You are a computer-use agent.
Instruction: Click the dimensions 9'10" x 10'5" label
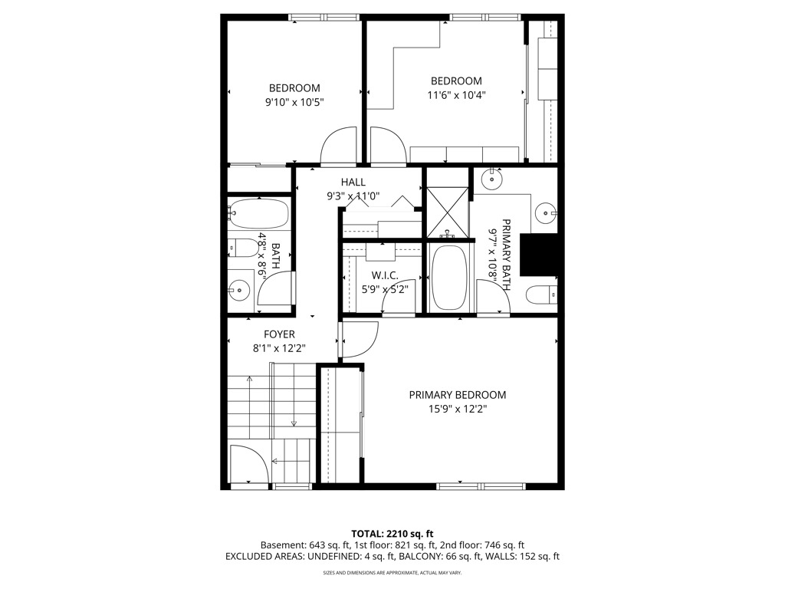coord(295,102)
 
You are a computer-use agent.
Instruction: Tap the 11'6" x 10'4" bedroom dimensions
coord(456,95)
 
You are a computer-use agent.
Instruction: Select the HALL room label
coord(353,182)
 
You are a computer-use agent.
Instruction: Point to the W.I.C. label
coord(383,275)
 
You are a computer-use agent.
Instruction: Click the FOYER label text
coord(279,334)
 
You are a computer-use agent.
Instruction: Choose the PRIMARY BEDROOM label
coord(457,395)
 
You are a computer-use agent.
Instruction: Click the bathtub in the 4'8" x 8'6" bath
coord(258,215)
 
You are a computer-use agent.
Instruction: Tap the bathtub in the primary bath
coord(448,277)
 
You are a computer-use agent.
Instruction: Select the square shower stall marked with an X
coord(446,209)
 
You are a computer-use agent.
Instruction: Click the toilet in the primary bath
coord(541,294)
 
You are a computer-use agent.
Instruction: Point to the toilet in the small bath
coord(244,248)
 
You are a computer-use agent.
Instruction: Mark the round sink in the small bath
coord(239,290)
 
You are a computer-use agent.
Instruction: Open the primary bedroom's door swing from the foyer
coord(359,340)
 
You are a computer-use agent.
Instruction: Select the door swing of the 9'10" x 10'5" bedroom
coord(339,147)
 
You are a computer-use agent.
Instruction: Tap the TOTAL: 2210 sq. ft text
coord(392,533)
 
